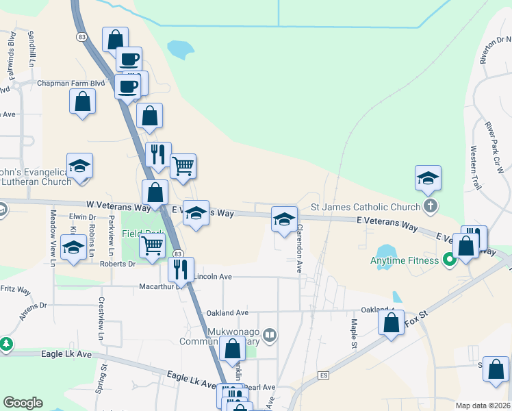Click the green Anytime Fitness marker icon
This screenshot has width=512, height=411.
(450, 260)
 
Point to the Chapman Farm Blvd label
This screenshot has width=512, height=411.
(71, 84)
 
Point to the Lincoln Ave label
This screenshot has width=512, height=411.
(214, 277)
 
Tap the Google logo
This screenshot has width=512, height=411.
(23, 403)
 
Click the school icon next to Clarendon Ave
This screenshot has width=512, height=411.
(285, 219)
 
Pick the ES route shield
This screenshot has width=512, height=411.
(324, 375)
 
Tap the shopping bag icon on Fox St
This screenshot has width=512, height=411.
(391, 323)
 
